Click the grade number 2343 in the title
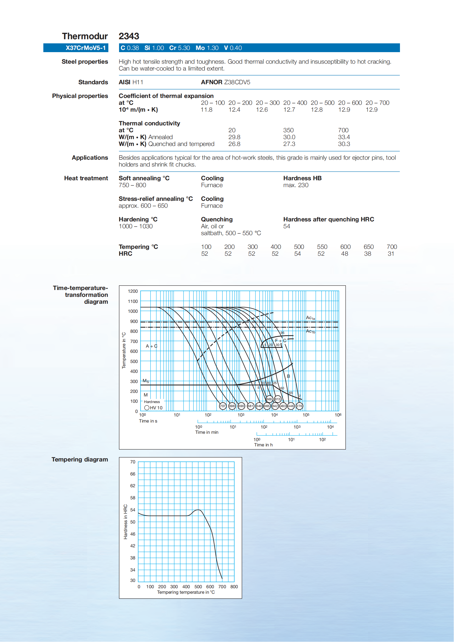coord(129,36)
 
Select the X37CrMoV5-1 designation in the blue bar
coord(86,48)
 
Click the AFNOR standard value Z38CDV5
coord(237,82)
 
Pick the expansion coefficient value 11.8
coord(206,110)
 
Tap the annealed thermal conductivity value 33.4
coord(344,137)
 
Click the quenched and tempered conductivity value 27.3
coord(289,144)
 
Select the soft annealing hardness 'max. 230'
coord(295,185)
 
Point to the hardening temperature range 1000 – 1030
coord(136,226)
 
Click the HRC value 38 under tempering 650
coord(367,254)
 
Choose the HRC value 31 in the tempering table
coord(391,254)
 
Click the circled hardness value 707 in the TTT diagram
coord(222,406)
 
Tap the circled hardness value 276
coord(299,406)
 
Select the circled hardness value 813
coord(277,399)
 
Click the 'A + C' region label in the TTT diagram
coord(151,346)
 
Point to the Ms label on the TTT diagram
coord(146,381)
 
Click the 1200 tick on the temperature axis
coord(133,291)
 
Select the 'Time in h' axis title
coord(263,445)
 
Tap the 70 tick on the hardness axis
coord(132,462)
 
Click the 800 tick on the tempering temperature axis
coord(234,587)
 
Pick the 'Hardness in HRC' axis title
coord(126,522)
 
